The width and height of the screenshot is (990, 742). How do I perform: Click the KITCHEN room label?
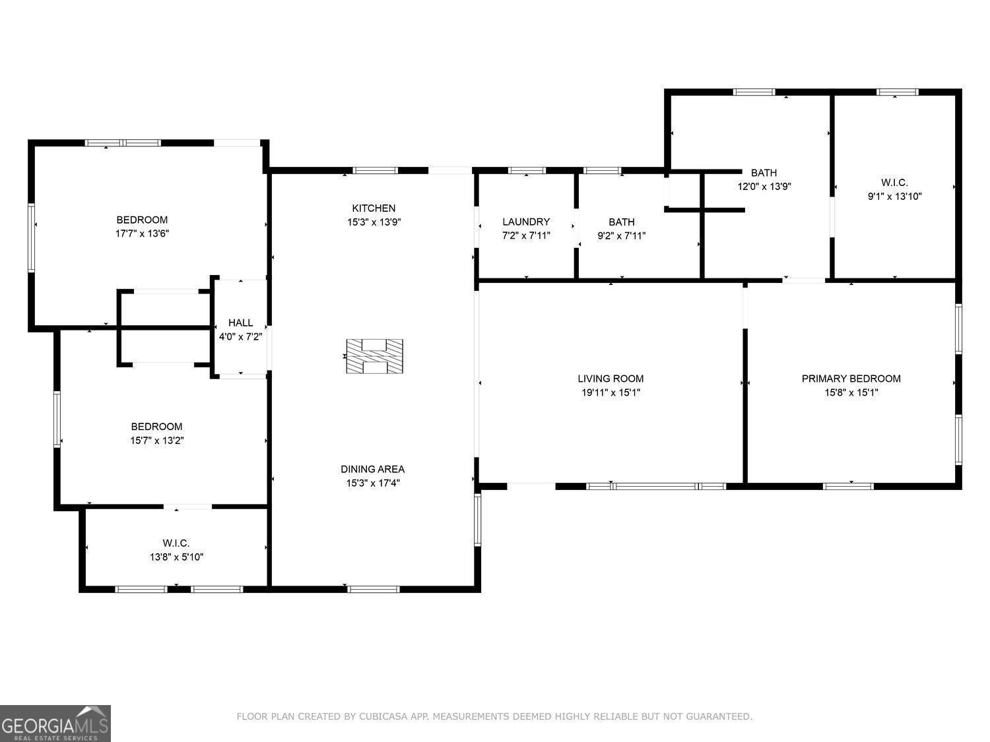click(x=374, y=208)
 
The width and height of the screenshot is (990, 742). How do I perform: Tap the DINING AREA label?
click(x=372, y=469)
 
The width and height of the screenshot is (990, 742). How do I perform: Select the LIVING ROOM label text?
click(x=610, y=379)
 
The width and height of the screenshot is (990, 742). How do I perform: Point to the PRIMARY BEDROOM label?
click(x=851, y=379)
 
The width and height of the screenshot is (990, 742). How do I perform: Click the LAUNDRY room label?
click(x=526, y=222)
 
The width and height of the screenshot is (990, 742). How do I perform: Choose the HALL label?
click(x=240, y=323)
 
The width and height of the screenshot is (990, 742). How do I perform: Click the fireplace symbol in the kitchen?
click(x=374, y=356)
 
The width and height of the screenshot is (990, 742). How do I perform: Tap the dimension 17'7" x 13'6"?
click(x=142, y=233)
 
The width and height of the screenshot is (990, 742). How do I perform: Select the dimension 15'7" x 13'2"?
click(x=157, y=440)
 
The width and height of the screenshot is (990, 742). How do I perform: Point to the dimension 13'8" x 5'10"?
click(x=176, y=557)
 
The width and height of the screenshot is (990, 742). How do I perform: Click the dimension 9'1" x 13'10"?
click(x=894, y=196)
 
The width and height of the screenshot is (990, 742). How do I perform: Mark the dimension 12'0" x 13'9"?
click(x=764, y=186)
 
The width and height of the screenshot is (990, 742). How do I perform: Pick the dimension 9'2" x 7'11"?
click(x=622, y=235)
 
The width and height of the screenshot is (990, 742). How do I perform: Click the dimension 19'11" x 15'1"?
click(x=610, y=392)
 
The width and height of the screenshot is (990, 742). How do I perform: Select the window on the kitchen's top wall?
click(x=376, y=170)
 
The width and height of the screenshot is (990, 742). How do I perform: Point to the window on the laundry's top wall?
click(x=527, y=170)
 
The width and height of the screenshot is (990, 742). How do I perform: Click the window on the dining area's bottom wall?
click(x=374, y=589)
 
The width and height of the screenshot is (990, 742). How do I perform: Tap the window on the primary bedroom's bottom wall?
click(x=848, y=486)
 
